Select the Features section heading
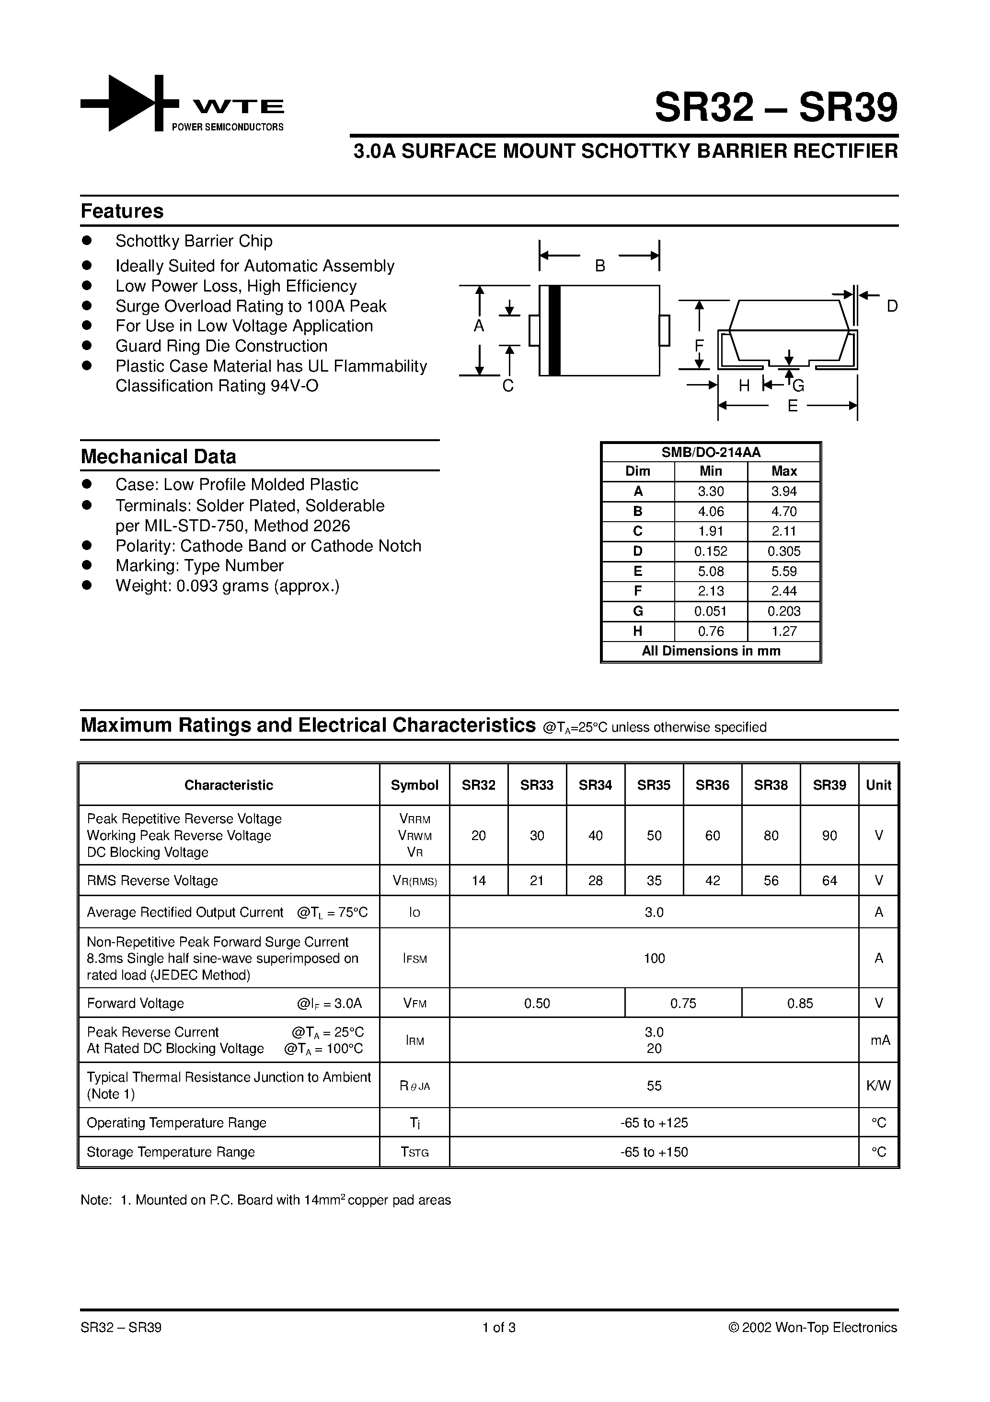click(122, 211)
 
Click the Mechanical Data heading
click(158, 457)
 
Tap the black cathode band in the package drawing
click(554, 330)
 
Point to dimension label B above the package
click(600, 266)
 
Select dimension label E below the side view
click(792, 406)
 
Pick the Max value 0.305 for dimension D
click(783, 551)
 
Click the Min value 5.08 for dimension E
click(711, 572)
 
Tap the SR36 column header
click(712, 785)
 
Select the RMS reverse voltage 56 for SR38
click(771, 880)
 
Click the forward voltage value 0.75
click(683, 1003)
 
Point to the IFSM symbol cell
click(414, 958)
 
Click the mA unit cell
click(879, 1040)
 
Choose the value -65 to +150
click(654, 1152)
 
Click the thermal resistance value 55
click(654, 1086)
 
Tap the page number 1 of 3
click(499, 1328)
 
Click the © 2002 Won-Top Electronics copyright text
click(812, 1328)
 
